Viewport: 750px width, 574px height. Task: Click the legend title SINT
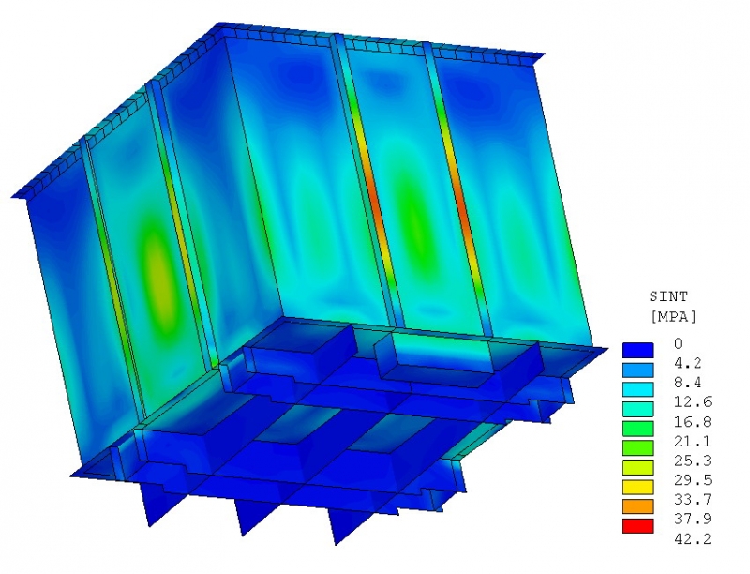668,296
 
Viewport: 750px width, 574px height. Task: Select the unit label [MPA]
673,316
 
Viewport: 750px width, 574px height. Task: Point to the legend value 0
678,343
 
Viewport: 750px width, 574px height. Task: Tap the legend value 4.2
688,363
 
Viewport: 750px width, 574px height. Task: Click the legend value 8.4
688,383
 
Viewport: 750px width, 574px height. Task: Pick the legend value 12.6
693,401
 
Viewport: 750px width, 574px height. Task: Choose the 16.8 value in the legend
693,422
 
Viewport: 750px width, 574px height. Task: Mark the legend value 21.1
693,441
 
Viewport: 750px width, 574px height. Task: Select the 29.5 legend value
693,480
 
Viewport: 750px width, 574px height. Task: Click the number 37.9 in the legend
693,519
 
